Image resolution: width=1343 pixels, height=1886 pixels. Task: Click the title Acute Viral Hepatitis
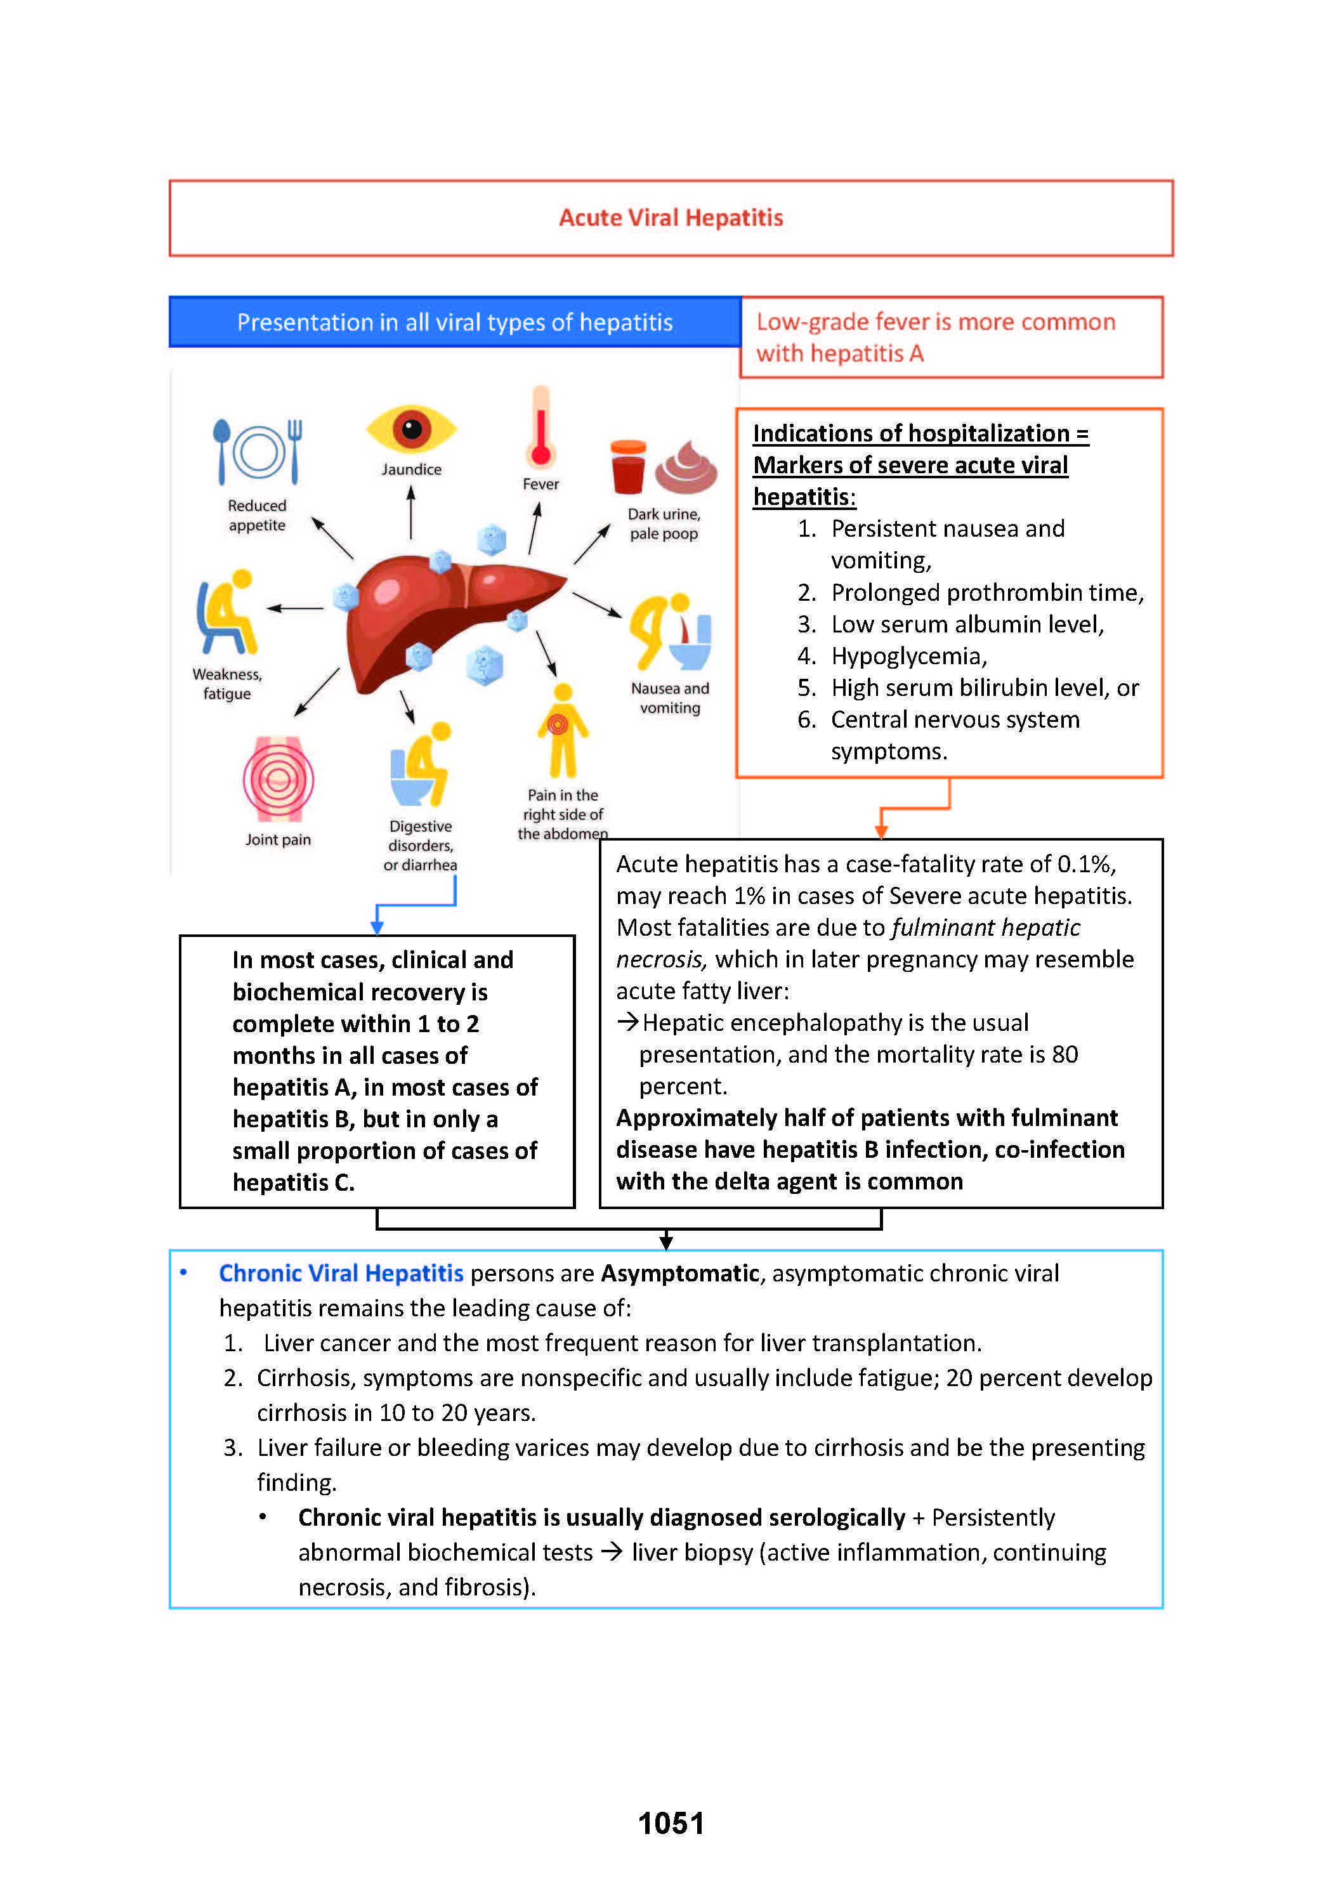[671, 218]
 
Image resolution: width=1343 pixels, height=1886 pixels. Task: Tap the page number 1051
[671, 1823]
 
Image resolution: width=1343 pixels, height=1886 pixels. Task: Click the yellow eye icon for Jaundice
[411, 429]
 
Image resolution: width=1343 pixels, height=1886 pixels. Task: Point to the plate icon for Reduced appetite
[258, 452]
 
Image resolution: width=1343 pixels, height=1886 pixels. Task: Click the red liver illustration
[447, 616]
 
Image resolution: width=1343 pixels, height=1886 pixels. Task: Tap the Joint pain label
[278, 839]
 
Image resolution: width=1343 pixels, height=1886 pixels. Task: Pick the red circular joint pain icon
[278, 779]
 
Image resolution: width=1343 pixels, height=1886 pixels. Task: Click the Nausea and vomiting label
[670, 698]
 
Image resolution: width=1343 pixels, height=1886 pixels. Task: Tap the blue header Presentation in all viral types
[455, 322]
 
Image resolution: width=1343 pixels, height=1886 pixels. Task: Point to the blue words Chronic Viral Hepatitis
[341, 1273]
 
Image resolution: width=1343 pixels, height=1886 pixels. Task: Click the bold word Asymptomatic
[680, 1273]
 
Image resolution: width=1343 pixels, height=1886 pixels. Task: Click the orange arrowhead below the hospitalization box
[882, 831]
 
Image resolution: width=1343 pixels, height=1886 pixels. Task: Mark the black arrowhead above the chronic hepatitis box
[667, 1242]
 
